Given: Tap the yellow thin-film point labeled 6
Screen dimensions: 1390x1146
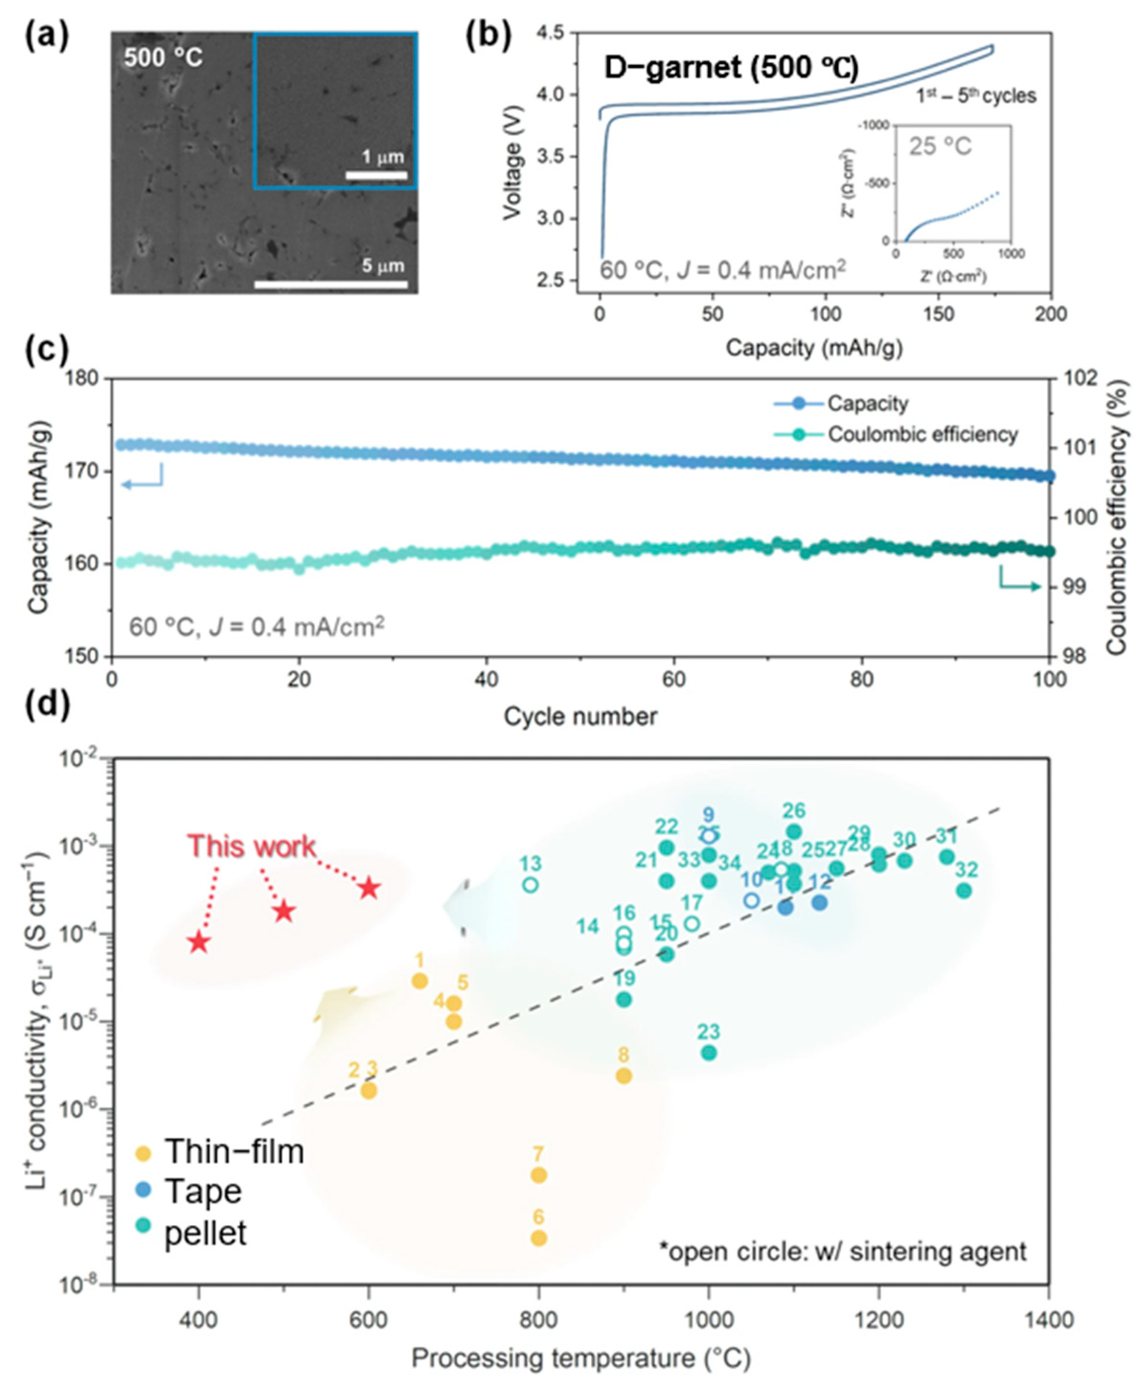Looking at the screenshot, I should (x=539, y=1238).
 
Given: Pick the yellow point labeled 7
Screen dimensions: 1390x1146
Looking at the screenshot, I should (x=539, y=1175).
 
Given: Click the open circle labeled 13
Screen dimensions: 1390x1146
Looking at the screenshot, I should (x=530, y=884).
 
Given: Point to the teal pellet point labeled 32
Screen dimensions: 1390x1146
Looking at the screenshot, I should (x=964, y=891).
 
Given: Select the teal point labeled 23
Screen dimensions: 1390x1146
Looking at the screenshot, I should (x=708, y=1053).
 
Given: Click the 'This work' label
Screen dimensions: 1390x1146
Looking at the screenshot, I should (x=251, y=847).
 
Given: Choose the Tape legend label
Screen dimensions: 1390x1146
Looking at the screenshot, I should (x=203, y=1192).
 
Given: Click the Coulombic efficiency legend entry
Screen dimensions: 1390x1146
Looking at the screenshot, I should (x=922, y=434).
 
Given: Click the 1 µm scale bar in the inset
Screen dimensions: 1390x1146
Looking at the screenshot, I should (x=376, y=176).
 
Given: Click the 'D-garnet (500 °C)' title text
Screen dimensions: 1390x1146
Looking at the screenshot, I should (x=731, y=68).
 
